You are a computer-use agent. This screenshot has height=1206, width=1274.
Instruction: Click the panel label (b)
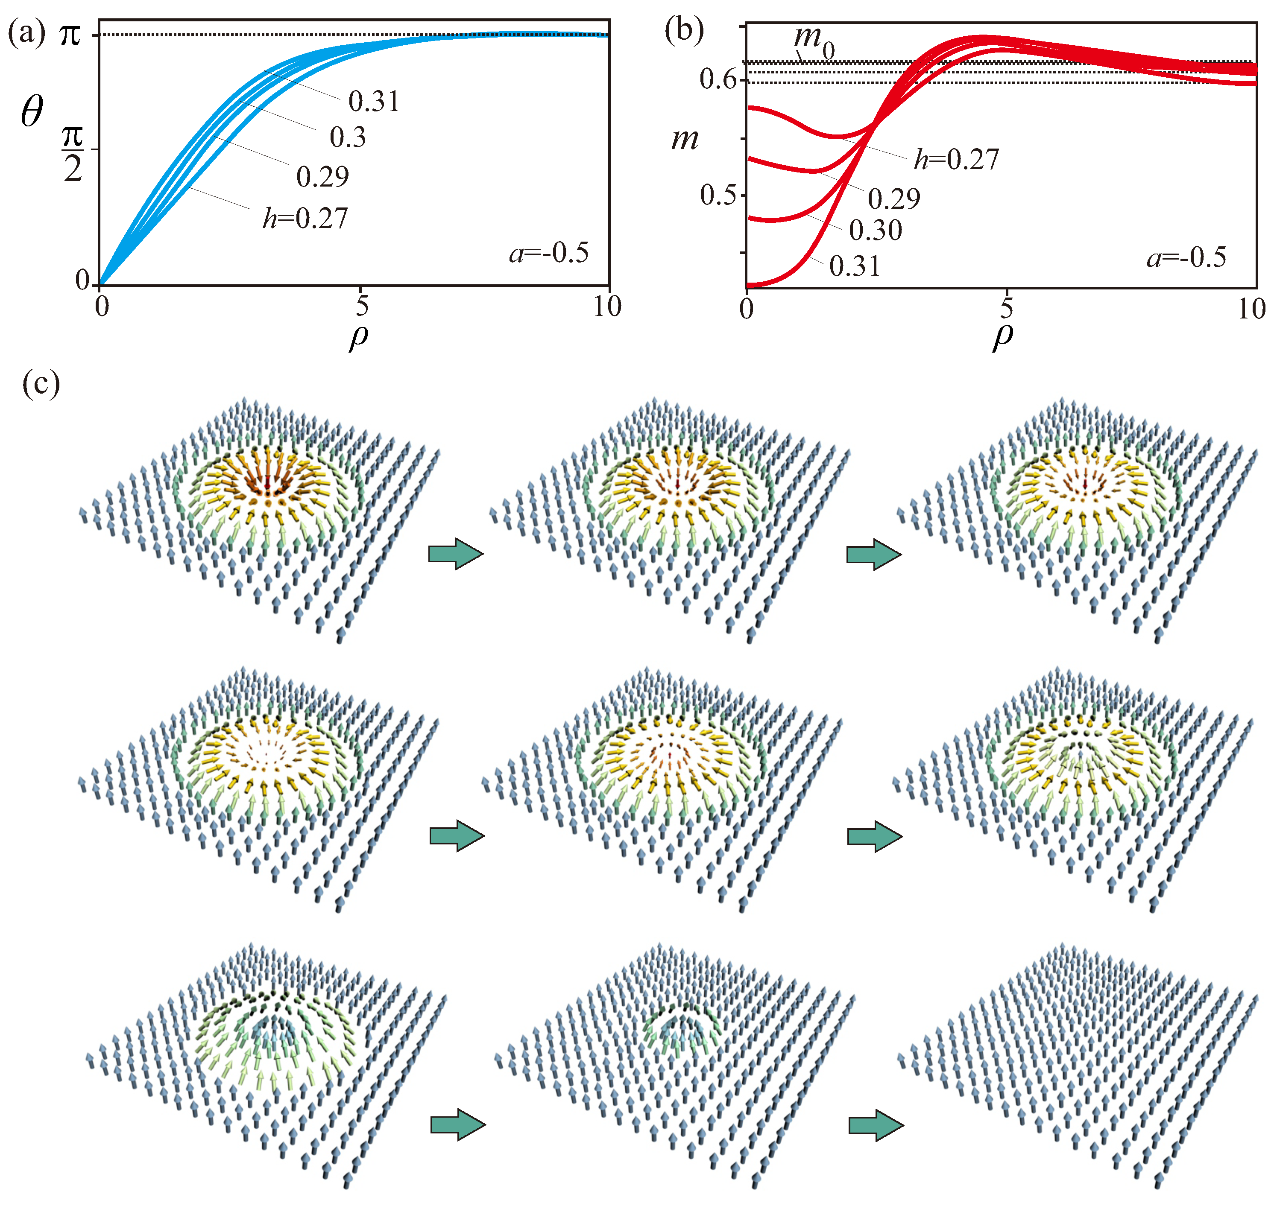pos(684,30)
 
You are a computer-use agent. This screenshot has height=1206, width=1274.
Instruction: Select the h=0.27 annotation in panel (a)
pos(305,219)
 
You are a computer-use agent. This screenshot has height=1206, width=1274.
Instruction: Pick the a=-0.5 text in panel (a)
pos(548,253)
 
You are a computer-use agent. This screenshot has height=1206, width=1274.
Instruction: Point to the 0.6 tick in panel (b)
pos(718,80)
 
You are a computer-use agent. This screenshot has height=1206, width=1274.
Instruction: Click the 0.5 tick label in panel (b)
pos(718,195)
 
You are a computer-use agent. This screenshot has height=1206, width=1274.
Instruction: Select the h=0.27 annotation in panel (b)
pos(956,159)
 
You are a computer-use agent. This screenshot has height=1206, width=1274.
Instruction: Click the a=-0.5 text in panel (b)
pos(1186,258)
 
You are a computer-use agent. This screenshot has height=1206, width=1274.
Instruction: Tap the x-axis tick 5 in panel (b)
pos(1007,309)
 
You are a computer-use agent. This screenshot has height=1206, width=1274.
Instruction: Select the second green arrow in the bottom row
pos(875,1125)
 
